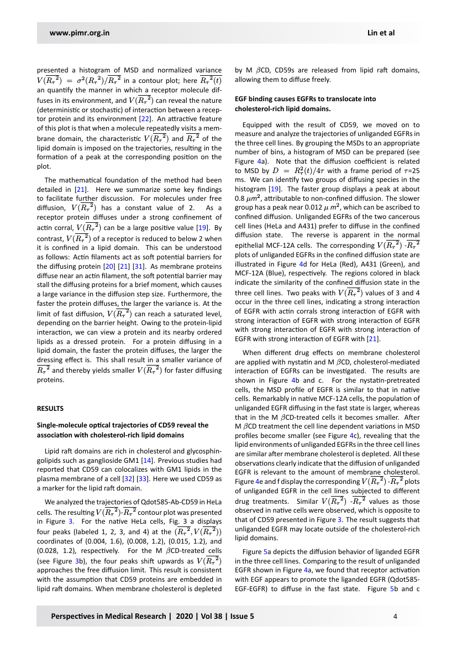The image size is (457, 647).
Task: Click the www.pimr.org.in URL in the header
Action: pos(80,33)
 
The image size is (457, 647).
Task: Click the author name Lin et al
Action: pos(381,33)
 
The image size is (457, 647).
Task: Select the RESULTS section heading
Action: pos(51,409)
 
